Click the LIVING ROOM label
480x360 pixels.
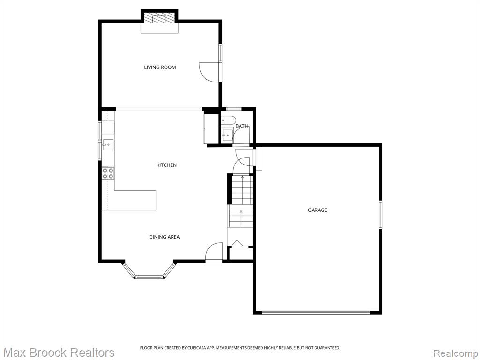[x=160, y=67]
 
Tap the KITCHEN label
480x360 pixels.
[x=166, y=165]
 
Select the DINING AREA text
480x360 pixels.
[x=165, y=237]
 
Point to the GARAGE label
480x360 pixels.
[x=317, y=210]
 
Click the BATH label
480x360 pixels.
[x=241, y=126]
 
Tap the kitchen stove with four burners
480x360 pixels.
[x=108, y=173]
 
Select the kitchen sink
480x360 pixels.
[x=108, y=145]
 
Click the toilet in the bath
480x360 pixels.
[x=228, y=120]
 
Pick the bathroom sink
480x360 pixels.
[x=227, y=135]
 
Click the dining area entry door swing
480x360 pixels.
[x=214, y=252]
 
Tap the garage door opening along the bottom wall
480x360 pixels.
[x=316, y=312]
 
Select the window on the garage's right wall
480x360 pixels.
[x=381, y=215]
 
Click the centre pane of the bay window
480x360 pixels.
[x=149, y=277]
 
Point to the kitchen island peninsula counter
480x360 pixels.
[x=132, y=200]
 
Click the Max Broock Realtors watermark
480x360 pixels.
[x=58, y=352]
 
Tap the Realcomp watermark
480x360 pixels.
[x=456, y=353]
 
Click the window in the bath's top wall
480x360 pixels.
[x=234, y=109]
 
